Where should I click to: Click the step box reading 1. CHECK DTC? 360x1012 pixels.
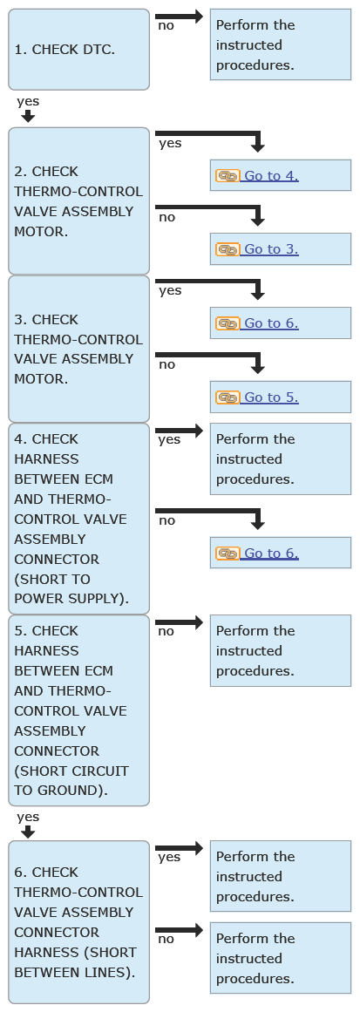[x=78, y=49]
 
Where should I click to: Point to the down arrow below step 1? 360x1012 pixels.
[x=28, y=116]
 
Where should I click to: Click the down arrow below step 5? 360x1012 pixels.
[x=28, y=832]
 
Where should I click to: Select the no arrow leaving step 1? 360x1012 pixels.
[x=180, y=17]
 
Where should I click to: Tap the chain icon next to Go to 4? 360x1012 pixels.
[x=228, y=175]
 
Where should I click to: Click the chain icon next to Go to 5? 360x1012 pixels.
[x=228, y=397]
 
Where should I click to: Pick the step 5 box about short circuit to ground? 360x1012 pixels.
[x=78, y=710]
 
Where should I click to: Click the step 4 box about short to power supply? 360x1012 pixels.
[x=78, y=519]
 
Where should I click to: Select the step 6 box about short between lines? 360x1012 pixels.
[x=78, y=921]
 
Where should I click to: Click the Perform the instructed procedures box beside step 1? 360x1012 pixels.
[x=281, y=44]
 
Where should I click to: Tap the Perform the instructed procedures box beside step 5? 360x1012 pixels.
[x=281, y=650]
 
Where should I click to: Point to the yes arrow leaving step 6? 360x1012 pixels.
[x=180, y=848]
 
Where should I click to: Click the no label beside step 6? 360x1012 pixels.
[x=166, y=939]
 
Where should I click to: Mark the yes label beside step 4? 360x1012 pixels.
[x=170, y=440]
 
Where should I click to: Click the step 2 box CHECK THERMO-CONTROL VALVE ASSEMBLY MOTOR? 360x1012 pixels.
[x=78, y=200]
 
